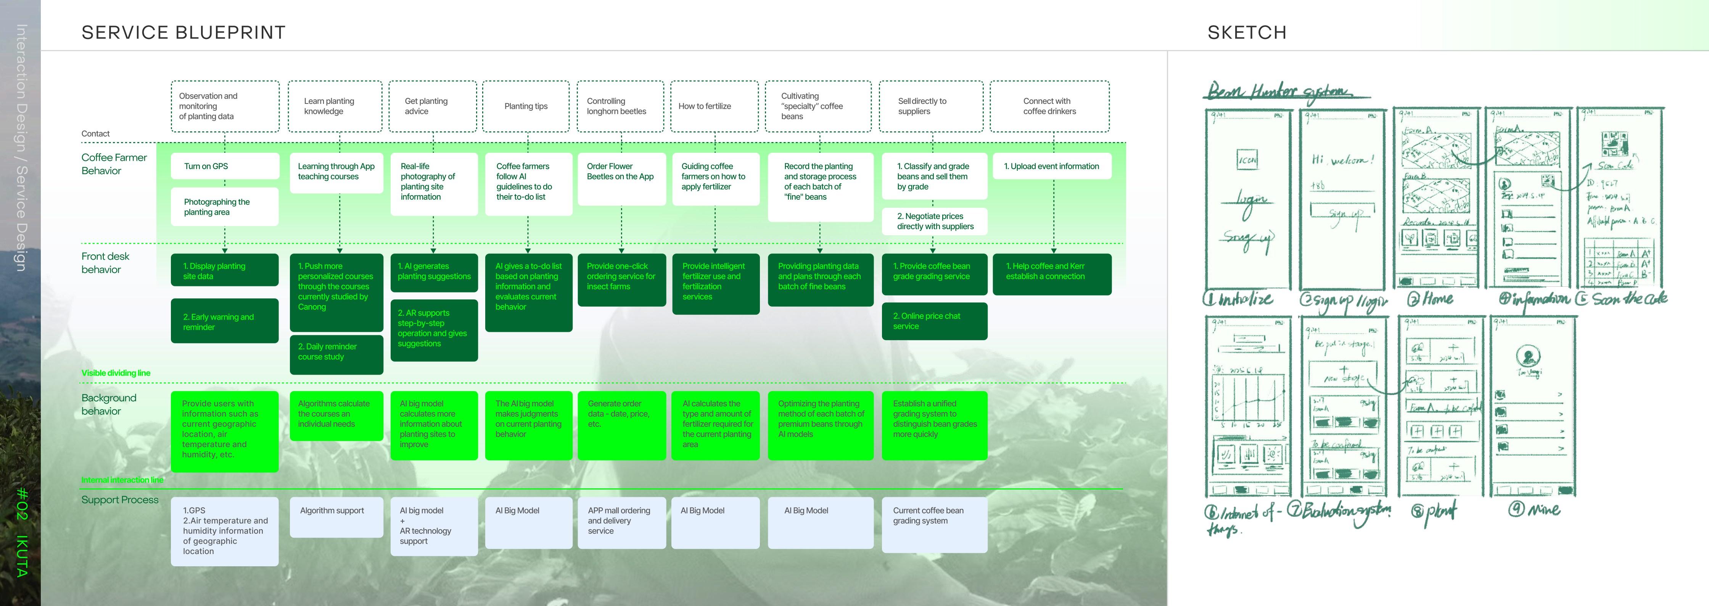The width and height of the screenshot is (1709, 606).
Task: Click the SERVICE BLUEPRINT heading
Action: pos(183,32)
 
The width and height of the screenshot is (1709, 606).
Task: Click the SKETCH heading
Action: pos(1247,32)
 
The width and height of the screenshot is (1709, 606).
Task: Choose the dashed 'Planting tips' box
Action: pos(526,106)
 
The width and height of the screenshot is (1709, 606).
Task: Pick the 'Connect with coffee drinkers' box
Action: pos(1049,106)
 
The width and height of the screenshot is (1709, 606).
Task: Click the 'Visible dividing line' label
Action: pos(116,373)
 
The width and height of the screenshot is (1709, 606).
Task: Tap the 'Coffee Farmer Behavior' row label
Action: pos(114,164)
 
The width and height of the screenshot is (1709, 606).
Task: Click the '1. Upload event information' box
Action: pos(1052,166)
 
